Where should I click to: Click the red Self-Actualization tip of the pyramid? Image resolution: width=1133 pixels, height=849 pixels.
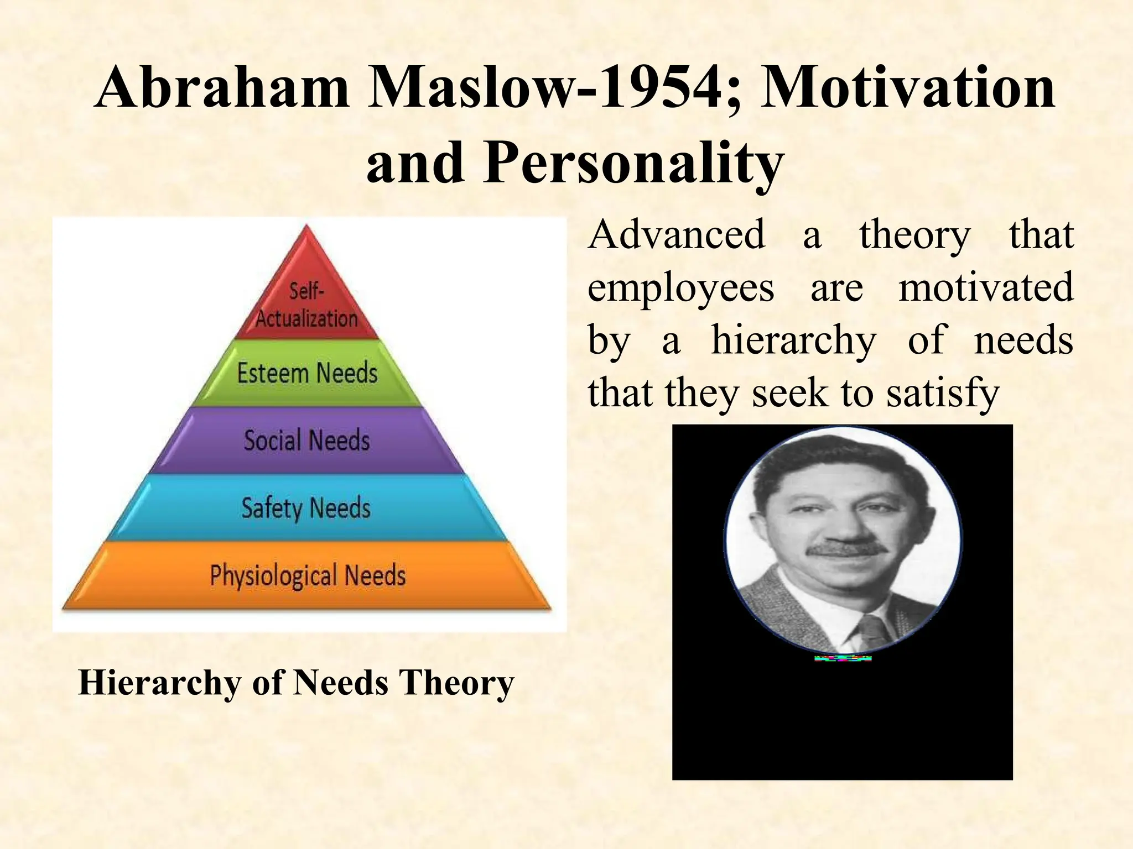tap(306, 298)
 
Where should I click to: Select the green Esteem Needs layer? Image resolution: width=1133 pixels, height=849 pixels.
tap(307, 373)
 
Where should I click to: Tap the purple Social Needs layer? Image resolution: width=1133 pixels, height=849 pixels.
tap(307, 441)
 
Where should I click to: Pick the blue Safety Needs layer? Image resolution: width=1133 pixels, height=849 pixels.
tap(306, 507)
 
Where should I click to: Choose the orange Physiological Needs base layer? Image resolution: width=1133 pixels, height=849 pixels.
tap(308, 575)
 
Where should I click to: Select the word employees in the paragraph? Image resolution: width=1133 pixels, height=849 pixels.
tap(680, 288)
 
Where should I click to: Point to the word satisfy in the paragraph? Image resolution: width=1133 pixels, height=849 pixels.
tap(943, 392)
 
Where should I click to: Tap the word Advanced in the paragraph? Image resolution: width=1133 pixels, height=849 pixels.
tap(676, 234)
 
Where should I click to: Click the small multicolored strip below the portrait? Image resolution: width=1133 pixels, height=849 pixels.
tap(843, 658)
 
